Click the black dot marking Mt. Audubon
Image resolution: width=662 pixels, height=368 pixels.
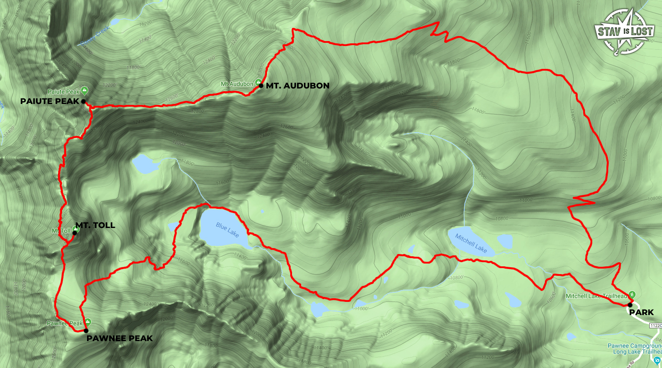(x=261, y=86)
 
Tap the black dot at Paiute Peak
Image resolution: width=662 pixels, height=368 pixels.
(x=83, y=101)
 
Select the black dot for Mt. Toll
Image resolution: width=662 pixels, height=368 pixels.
(x=75, y=233)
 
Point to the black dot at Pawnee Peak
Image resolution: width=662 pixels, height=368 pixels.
(x=86, y=331)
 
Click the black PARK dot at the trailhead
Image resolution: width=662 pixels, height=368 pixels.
(x=630, y=305)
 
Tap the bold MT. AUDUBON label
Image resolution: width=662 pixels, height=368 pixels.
(x=297, y=86)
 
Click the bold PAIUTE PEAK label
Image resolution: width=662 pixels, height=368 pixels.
(x=50, y=101)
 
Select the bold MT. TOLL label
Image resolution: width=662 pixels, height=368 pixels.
(x=95, y=225)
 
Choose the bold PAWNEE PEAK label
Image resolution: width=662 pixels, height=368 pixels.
(x=119, y=338)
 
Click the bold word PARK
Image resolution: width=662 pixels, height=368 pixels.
(x=641, y=312)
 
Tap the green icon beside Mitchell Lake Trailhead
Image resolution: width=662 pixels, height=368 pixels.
(x=632, y=293)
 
